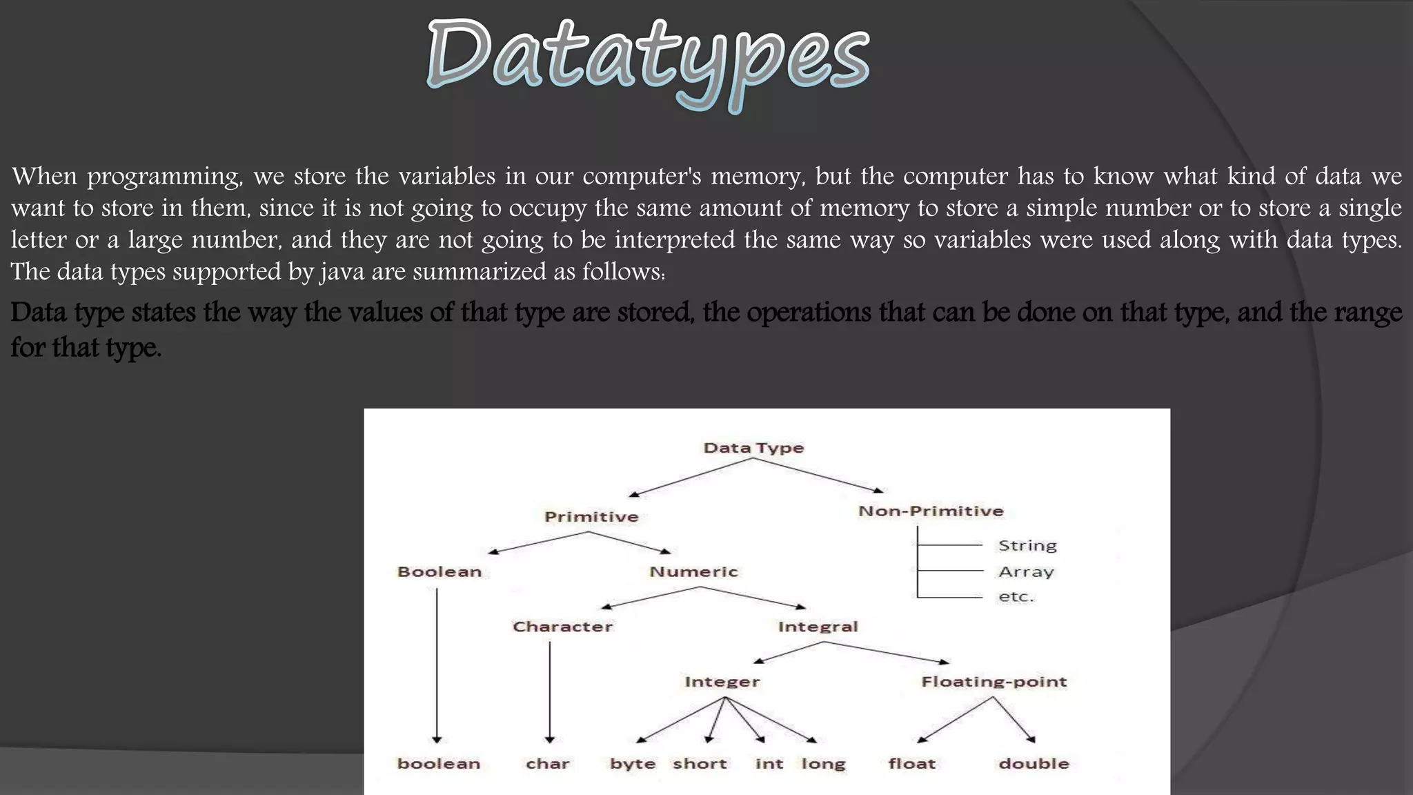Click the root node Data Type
point(753,448)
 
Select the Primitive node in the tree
point(591,517)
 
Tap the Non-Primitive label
point(931,511)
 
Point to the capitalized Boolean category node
point(439,572)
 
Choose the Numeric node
point(693,572)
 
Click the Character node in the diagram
point(562,627)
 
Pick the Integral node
point(818,627)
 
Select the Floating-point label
point(994,682)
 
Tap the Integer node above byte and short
point(722,682)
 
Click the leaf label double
point(1034,764)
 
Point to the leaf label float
point(911,764)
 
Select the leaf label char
point(548,764)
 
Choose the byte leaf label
point(633,764)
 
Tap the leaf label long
point(823,764)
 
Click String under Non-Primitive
point(1027,546)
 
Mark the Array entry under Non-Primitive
point(1026,572)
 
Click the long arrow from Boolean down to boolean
point(437,662)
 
